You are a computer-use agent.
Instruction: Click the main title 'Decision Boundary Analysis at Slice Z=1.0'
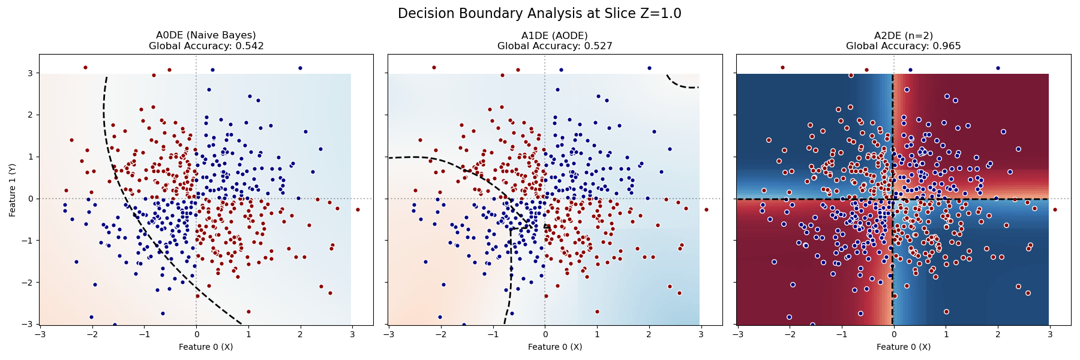(539, 13)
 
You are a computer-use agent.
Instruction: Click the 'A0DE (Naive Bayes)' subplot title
(206, 35)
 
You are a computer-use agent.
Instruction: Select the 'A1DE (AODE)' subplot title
(554, 35)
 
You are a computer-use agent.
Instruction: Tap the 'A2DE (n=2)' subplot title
(903, 35)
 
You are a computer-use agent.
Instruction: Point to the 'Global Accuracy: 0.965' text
(903, 46)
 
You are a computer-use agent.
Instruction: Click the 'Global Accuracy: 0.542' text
(206, 46)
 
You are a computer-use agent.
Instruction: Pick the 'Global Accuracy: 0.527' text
(554, 46)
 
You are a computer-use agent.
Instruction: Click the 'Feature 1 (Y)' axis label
(13, 190)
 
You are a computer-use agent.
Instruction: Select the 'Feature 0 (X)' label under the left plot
(206, 347)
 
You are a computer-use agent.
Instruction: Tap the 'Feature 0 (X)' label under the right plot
(903, 347)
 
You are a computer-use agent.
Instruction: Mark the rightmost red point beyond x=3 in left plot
(358, 209)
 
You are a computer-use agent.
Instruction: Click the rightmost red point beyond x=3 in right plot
(1055, 209)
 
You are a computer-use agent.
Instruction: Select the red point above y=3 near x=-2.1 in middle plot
(434, 67)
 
